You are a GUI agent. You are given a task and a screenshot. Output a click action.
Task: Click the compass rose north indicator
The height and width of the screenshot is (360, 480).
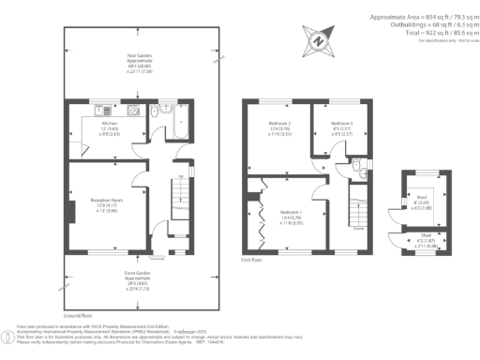[318, 40]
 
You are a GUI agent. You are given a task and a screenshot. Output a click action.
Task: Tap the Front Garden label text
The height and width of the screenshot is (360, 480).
[139, 273]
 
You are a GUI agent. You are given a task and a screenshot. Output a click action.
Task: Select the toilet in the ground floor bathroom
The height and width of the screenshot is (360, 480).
[166, 111]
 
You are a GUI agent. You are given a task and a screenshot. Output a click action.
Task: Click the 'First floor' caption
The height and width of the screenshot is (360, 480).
[249, 257]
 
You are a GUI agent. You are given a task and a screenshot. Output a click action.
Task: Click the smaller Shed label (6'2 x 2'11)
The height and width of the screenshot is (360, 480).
[427, 238]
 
